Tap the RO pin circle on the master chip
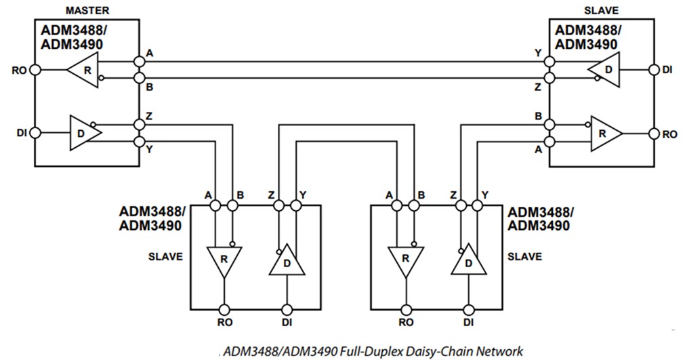[x=35, y=69]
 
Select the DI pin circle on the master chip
[x=35, y=132]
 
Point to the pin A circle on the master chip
[x=140, y=61]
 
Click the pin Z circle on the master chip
[x=140, y=124]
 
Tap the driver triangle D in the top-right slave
[x=604, y=70]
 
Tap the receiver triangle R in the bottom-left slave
[x=222, y=260]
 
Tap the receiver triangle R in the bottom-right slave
[x=405, y=260]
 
